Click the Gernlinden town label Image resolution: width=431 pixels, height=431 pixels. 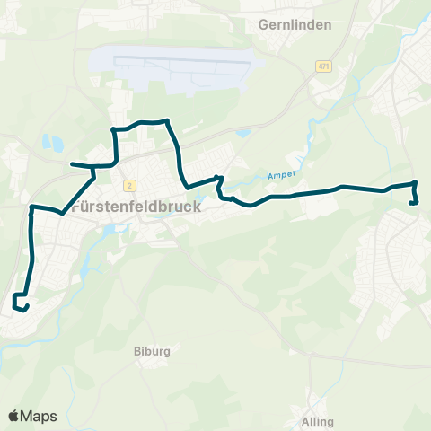pyautogui.click(x=295, y=25)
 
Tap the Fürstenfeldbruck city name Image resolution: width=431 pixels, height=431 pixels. pyautogui.click(x=136, y=206)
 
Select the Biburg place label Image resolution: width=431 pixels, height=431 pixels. pyautogui.click(x=151, y=351)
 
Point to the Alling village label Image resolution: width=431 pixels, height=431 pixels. pyautogui.click(x=318, y=421)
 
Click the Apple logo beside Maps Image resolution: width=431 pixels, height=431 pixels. pyautogui.click(x=14, y=416)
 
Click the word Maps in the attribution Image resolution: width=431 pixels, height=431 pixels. pyautogui.click(x=39, y=416)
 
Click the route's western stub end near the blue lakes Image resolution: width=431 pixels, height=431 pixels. pyautogui.click(x=73, y=164)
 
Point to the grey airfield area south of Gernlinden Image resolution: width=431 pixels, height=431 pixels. pyautogui.click(x=189, y=69)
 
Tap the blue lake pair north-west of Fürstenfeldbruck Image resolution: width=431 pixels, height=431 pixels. pyautogui.click(x=52, y=143)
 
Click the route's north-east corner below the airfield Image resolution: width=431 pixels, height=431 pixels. pyautogui.click(x=168, y=121)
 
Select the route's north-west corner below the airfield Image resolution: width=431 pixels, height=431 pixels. pyautogui.click(x=113, y=130)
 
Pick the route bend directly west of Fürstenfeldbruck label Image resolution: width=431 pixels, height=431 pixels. pyautogui.click(x=32, y=207)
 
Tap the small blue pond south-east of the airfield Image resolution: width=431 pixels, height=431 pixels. pyautogui.click(x=242, y=135)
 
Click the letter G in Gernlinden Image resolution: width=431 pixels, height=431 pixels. pyautogui.click(x=263, y=25)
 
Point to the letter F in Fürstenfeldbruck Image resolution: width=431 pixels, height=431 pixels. pyautogui.click(x=74, y=206)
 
